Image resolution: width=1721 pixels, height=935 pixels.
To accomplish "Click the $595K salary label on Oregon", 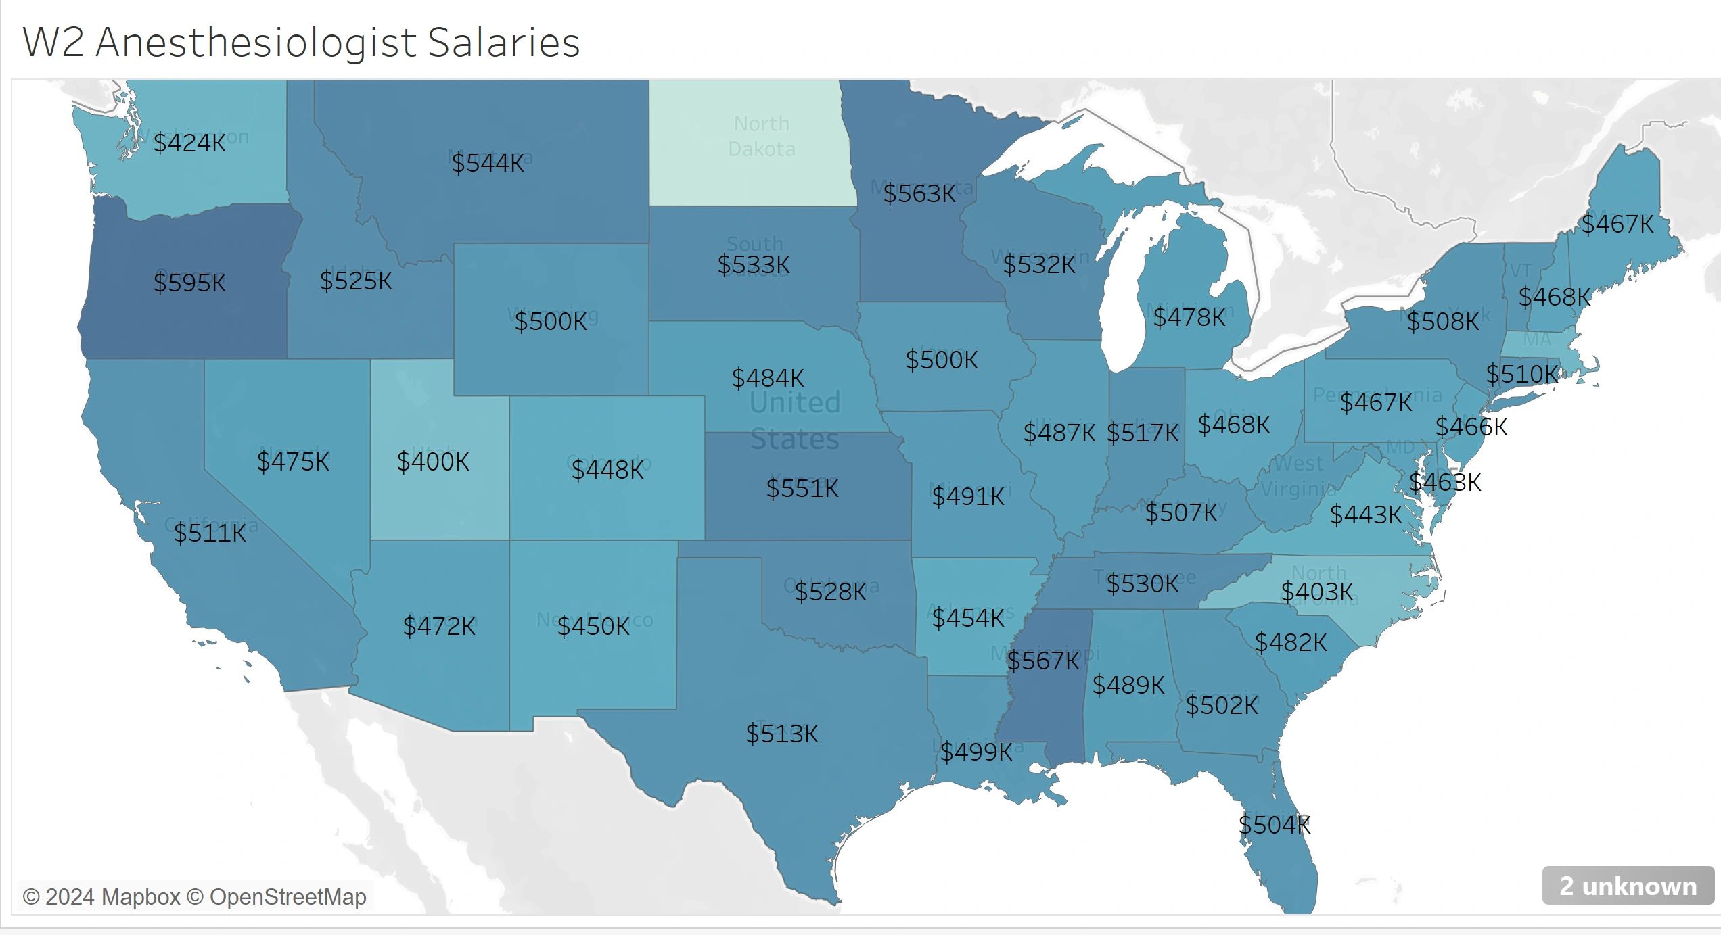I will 189,283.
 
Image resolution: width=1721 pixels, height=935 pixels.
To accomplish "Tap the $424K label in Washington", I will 189,143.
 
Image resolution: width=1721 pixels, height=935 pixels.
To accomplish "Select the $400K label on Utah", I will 433,462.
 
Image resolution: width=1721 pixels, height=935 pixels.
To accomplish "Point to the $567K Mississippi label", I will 1043,661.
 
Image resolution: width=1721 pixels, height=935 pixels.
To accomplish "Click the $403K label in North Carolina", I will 1317,592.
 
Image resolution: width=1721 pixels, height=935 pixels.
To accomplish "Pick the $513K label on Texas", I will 782,734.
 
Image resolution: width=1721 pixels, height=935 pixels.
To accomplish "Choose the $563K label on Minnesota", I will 919,194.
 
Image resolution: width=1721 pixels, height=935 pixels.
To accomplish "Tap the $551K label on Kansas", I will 802,488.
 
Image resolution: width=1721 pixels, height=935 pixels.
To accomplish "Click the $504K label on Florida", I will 1275,825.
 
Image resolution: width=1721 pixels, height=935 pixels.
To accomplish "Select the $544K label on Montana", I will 488,163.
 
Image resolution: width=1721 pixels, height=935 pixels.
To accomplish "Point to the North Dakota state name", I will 762,136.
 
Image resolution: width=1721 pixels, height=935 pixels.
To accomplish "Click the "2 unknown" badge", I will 1628,886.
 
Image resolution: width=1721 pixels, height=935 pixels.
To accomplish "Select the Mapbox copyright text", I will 101,896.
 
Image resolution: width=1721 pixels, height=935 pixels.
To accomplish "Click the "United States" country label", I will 795,421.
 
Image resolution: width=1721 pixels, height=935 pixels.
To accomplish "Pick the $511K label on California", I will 210,533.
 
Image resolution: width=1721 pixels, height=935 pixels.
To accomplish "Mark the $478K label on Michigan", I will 1189,317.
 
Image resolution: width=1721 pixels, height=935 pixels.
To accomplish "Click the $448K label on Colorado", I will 607,470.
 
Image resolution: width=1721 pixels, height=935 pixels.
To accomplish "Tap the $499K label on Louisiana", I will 976,752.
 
